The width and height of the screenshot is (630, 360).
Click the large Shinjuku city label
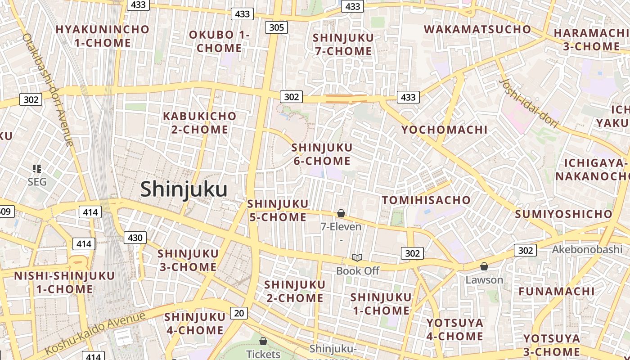coord(184,189)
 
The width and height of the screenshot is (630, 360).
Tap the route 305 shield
coord(276,27)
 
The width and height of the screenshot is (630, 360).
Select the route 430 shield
coord(135,238)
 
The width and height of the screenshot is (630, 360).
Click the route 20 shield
coord(238,313)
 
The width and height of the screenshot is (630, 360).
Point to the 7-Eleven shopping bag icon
coord(341,213)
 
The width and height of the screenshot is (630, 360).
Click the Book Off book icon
coord(357,257)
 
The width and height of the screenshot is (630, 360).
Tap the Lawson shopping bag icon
coord(484,266)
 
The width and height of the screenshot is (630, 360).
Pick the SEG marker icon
coord(37,169)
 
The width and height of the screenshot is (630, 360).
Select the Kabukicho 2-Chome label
coord(199,122)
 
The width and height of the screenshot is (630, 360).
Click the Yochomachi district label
coord(444,130)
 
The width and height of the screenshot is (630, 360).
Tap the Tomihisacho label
coord(426,200)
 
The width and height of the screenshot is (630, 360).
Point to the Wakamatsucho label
coord(477,29)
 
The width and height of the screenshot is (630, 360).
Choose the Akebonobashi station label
coord(587,249)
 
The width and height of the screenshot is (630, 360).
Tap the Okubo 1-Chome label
coord(219,41)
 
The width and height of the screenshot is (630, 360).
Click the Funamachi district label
coord(556,291)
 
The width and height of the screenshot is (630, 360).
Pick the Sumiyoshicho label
coord(563,214)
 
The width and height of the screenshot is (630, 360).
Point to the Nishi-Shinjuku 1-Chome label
coord(64,282)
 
